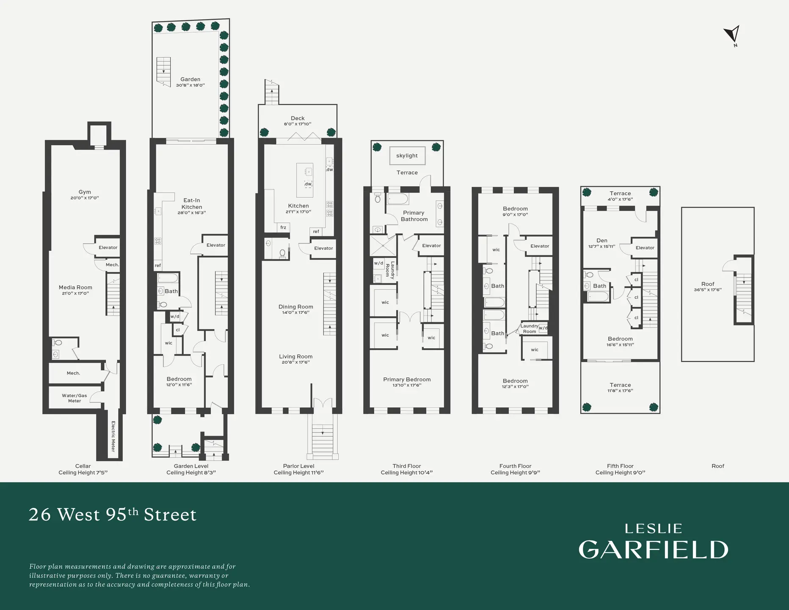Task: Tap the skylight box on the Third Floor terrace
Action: click(x=407, y=155)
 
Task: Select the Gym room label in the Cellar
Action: click(x=85, y=192)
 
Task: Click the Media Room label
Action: click(x=75, y=287)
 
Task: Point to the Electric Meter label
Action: click(x=113, y=436)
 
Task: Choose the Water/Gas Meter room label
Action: click(x=74, y=398)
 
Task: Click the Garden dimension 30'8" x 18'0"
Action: click(x=190, y=85)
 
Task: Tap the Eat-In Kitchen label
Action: click(x=192, y=203)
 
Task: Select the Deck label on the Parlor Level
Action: click(x=298, y=118)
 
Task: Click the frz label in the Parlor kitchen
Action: click(x=283, y=227)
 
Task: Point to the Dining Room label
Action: click(x=295, y=307)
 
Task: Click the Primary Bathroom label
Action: click(x=414, y=216)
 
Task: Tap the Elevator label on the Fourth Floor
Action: click(x=540, y=246)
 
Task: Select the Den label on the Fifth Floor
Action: click(x=601, y=240)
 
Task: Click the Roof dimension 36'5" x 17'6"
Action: click(x=707, y=290)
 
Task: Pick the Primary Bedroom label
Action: click(x=407, y=379)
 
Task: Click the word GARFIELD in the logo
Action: click(x=653, y=550)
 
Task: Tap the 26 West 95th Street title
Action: click(x=113, y=515)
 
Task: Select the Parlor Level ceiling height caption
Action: click(x=298, y=472)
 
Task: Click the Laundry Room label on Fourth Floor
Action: click(x=529, y=329)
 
